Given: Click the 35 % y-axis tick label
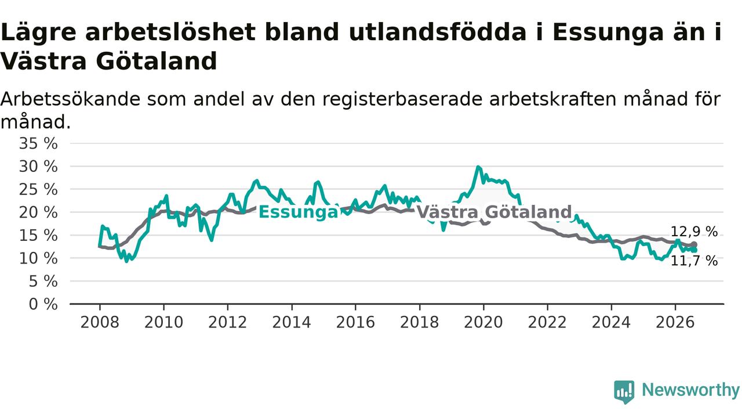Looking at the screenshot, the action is (38, 143).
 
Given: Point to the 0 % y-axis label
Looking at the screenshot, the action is (43, 304).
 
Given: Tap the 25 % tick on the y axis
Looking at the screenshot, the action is (38, 190).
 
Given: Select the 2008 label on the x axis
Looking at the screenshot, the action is (100, 322).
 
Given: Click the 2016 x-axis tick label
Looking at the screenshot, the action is (355, 322).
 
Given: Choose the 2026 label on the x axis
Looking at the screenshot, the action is (675, 322).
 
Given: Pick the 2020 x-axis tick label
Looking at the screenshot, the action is (483, 322).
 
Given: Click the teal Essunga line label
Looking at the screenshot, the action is (298, 212).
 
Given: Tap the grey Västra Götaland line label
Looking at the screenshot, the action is (494, 212).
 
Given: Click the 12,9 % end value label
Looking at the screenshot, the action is (694, 232).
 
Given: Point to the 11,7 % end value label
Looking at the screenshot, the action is (694, 261).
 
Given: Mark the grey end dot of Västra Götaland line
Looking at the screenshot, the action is (694, 244).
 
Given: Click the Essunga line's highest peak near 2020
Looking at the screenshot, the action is (478, 167).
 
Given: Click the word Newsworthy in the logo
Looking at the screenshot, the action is (690, 390).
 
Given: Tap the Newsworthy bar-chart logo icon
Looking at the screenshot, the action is (624, 392).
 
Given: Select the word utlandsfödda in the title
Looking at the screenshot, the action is (437, 32).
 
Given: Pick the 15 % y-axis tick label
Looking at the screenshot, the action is (38, 236).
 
